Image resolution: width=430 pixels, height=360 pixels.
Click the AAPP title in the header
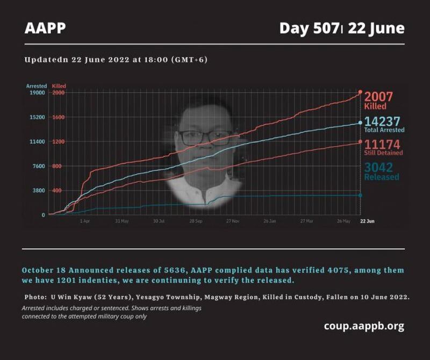pyautogui.click(x=45, y=28)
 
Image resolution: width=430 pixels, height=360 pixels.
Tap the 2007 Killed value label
pyautogui.click(x=379, y=99)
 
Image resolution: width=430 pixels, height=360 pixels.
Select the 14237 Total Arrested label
pyautogui.click(x=384, y=125)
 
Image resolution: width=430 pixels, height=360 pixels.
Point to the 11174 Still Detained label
pyautogui.click(x=383, y=147)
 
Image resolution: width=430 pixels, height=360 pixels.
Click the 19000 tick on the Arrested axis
pyautogui.click(x=37, y=92)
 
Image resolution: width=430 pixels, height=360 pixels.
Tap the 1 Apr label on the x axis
pyautogui.click(x=84, y=221)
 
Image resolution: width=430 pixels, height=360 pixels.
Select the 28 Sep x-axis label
pyautogui.click(x=195, y=221)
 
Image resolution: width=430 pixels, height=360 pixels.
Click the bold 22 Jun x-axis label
pyautogui.click(x=368, y=221)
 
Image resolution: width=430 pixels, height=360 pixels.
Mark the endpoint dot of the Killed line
pyautogui.click(x=360, y=92)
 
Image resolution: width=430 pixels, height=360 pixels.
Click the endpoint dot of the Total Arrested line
pyautogui.click(x=360, y=123)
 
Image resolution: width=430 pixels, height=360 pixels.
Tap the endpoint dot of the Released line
pyautogui.click(x=360, y=195)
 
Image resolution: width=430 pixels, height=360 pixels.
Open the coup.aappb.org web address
pyautogui.click(x=363, y=326)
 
